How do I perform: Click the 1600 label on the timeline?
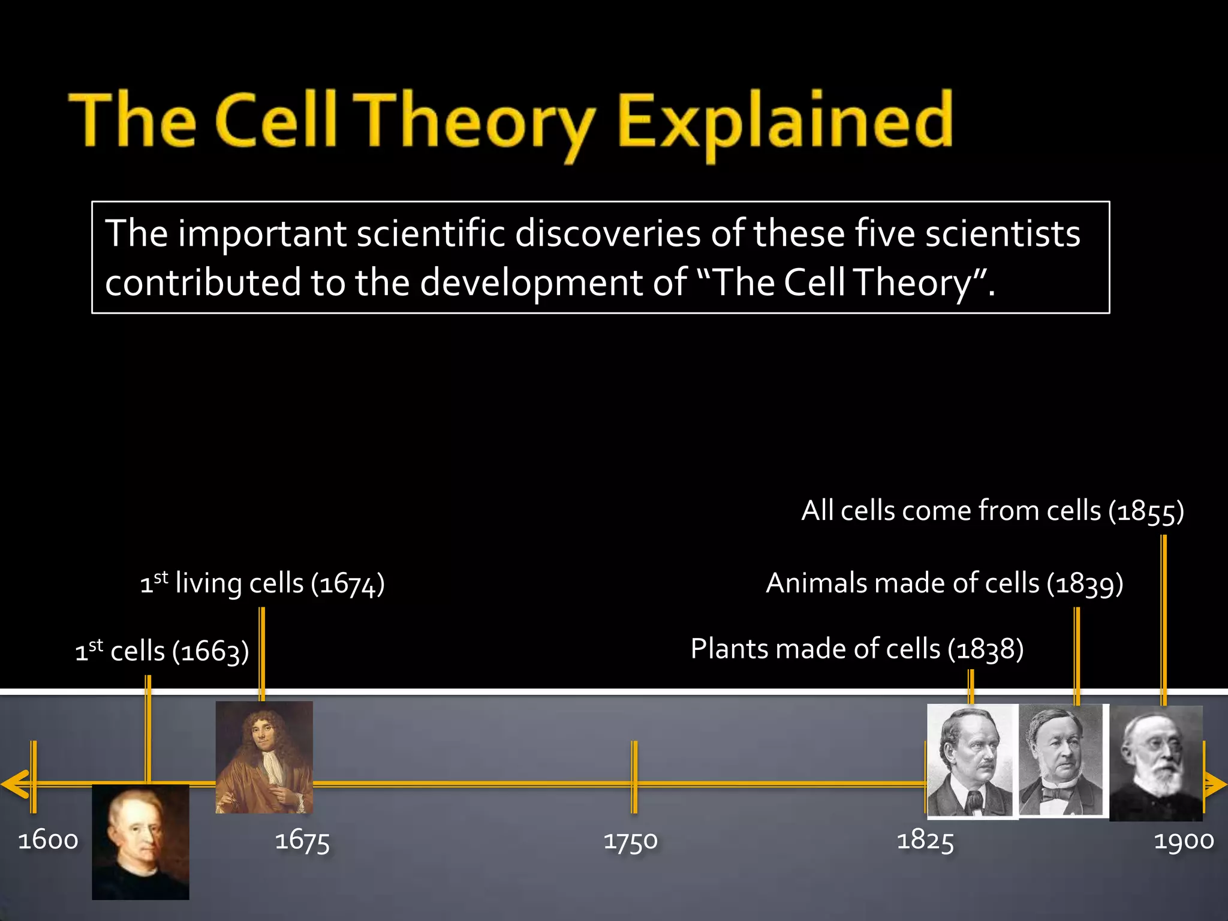[x=48, y=840]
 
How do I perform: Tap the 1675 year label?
[x=302, y=841]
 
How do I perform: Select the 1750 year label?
[x=631, y=841]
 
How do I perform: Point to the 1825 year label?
[x=925, y=840]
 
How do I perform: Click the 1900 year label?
[x=1184, y=840]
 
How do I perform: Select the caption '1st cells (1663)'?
[x=162, y=651]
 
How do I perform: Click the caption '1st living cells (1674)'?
[x=263, y=583]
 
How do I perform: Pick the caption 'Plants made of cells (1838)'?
[x=857, y=649]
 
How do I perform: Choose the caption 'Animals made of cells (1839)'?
[x=944, y=583]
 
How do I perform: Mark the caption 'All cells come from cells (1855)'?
[x=992, y=511]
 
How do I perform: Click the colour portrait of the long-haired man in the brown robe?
[x=264, y=757]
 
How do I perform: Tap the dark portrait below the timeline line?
[x=140, y=842]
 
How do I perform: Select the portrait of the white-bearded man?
[x=1156, y=763]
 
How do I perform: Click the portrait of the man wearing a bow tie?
[x=1061, y=760]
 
